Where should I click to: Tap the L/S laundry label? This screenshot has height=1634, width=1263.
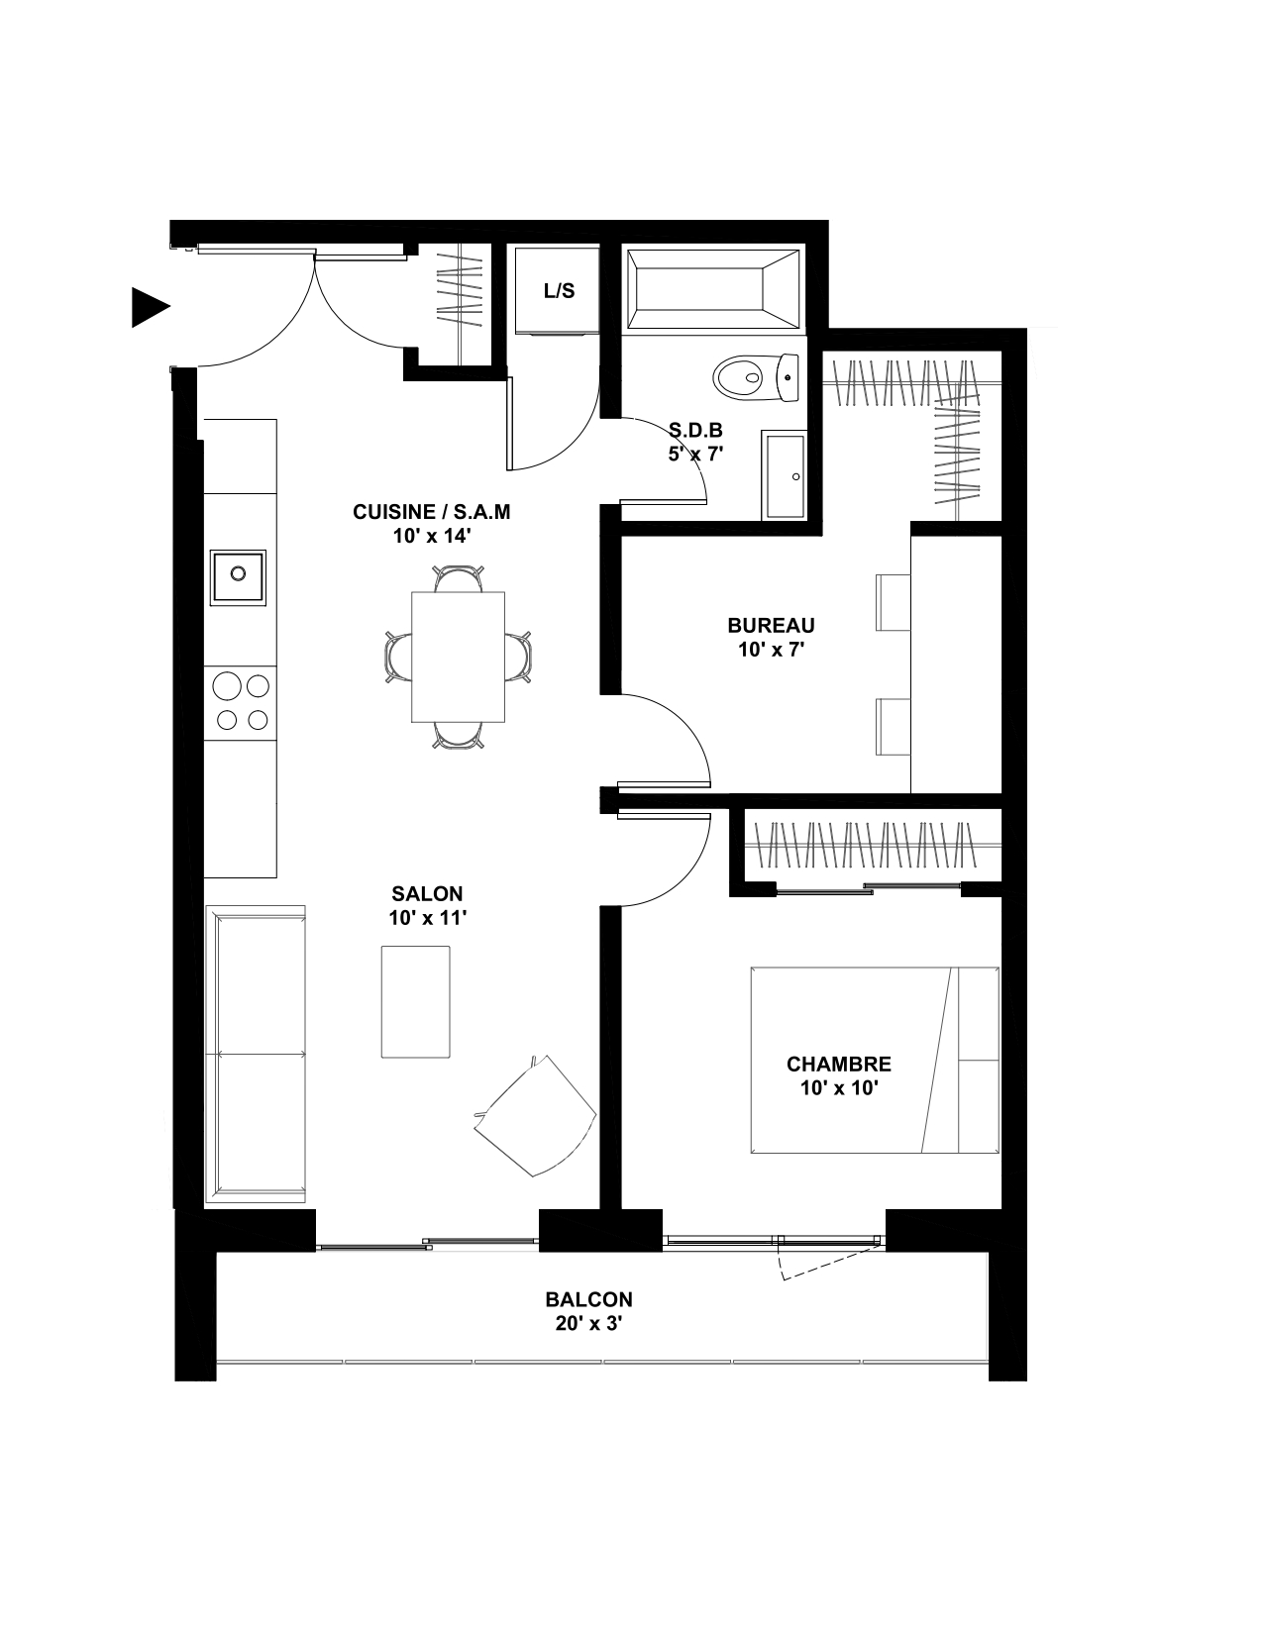tap(559, 291)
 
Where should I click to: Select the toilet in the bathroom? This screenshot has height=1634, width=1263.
tap(756, 378)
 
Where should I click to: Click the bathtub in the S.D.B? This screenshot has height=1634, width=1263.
tap(713, 289)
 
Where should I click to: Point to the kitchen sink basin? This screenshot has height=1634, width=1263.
tap(238, 577)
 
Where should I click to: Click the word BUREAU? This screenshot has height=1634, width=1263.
tap(771, 625)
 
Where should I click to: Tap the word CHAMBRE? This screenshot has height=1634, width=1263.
tap(839, 1064)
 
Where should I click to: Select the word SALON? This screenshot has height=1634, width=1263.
tap(427, 893)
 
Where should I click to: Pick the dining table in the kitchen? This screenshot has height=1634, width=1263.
tap(458, 658)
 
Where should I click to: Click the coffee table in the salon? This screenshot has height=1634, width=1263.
tap(415, 1001)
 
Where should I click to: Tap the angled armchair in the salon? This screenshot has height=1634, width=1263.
tap(535, 1116)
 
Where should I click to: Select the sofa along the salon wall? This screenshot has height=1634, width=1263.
tap(255, 1054)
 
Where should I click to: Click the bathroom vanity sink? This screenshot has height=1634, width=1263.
tap(784, 475)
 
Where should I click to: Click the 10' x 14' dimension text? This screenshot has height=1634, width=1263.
tap(432, 536)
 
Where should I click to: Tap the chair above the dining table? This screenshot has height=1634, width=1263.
tap(458, 578)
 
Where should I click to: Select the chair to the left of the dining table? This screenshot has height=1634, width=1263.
tap(398, 658)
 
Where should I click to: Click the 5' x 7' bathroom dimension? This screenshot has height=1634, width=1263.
tap(695, 455)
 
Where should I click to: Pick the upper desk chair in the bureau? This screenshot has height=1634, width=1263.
tap(893, 602)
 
